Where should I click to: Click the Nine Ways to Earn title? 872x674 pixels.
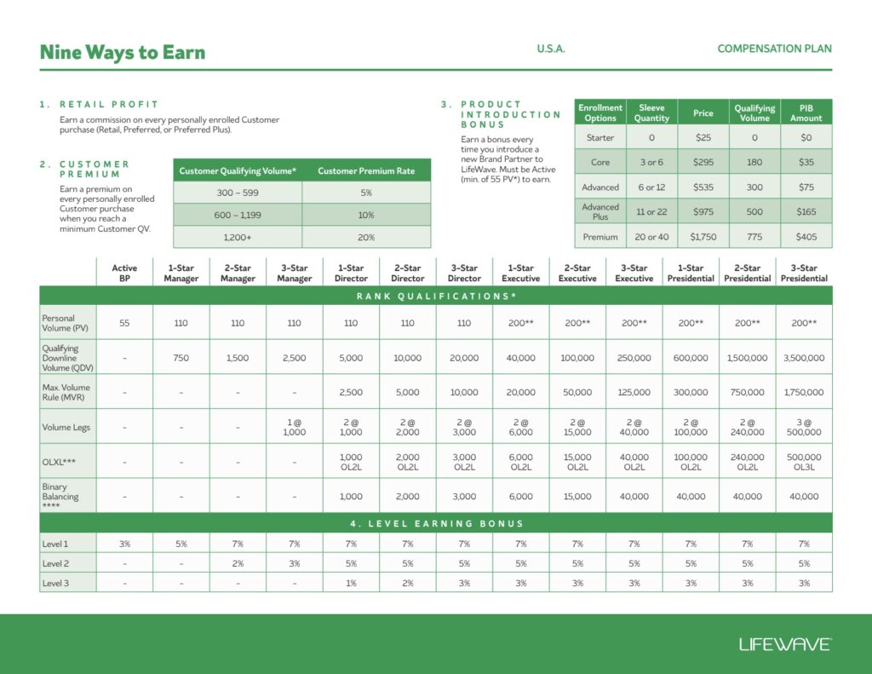point(123,53)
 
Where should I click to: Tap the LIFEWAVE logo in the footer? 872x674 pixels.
point(784,644)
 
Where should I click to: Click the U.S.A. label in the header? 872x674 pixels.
point(551,49)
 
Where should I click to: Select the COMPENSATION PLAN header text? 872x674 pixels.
point(774,49)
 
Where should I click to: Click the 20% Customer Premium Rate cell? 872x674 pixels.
point(366,237)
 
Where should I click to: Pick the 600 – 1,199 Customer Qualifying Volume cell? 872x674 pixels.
point(238,216)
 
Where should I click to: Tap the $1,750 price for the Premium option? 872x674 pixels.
point(703,237)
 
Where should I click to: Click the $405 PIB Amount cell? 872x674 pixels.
point(806,237)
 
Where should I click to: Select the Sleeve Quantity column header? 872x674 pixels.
point(651,113)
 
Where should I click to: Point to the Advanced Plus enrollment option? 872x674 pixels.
point(600,211)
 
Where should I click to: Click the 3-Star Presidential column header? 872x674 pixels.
point(804,274)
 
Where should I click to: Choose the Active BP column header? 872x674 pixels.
point(124,274)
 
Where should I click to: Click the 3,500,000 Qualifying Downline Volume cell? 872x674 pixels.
point(804,358)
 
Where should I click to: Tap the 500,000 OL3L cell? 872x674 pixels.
point(804,461)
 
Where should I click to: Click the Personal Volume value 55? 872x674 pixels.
point(124,323)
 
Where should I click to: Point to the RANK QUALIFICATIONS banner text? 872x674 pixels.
point(435,296)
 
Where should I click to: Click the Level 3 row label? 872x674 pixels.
point(55,583)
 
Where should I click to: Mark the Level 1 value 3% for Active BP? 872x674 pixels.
point(124,544)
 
